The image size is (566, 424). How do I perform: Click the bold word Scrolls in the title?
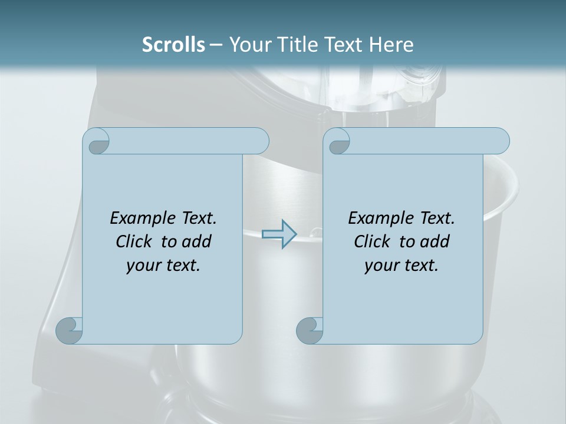pos(173,44)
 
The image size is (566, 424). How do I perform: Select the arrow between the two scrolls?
pos(279,234)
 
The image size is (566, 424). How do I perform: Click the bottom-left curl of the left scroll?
pos(70,330)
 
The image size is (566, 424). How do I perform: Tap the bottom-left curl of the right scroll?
pos(310,330)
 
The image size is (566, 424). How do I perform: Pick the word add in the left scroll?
pos(197,241)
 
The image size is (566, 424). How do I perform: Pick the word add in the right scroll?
pos(435,241)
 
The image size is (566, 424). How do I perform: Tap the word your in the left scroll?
pos(143,266)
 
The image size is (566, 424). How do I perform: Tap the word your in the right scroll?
pos(381,266)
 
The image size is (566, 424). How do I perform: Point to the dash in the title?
pos(216,44)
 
